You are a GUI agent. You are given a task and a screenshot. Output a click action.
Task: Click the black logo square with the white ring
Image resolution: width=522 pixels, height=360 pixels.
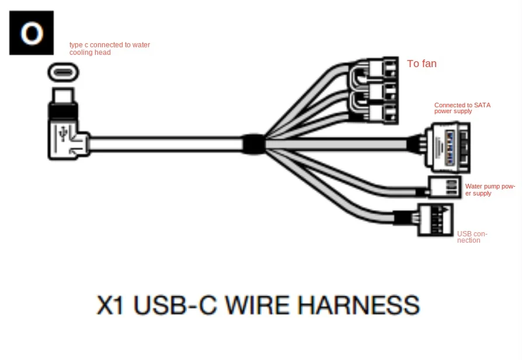pyautogui.click(x=32, y=33)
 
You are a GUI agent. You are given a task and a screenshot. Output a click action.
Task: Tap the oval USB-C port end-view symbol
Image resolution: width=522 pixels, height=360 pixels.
pyautogui.click(x=63, y=73)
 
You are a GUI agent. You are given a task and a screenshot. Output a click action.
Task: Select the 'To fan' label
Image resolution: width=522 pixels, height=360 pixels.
pyautogui.click(x=422, y=64)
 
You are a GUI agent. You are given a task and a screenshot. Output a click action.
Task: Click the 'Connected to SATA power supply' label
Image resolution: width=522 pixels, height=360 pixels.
pyautogui.click(x=462, y=108)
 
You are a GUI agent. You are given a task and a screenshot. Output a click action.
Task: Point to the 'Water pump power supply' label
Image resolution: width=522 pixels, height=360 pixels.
pyautogui.click(x=490, y=190)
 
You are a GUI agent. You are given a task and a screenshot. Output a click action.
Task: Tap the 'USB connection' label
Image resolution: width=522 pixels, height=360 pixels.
pyautogui.click(x=472, y=237)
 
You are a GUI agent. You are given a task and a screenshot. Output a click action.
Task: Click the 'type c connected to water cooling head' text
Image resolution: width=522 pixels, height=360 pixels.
pyautogui.click(x=109, y=48)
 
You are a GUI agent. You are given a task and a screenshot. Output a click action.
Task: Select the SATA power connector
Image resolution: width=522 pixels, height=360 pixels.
pyautogui.click(x=447, y=144)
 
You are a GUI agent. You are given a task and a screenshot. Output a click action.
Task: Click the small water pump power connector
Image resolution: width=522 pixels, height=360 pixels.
pyautogui.click(x=445, y=187)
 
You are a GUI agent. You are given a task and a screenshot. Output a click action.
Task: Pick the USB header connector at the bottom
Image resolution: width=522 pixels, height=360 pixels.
pyautogui.click(x=435, y=219)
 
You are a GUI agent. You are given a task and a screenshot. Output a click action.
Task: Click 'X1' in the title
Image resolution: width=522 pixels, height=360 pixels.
pyautogui.click(x=110, y=306)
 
